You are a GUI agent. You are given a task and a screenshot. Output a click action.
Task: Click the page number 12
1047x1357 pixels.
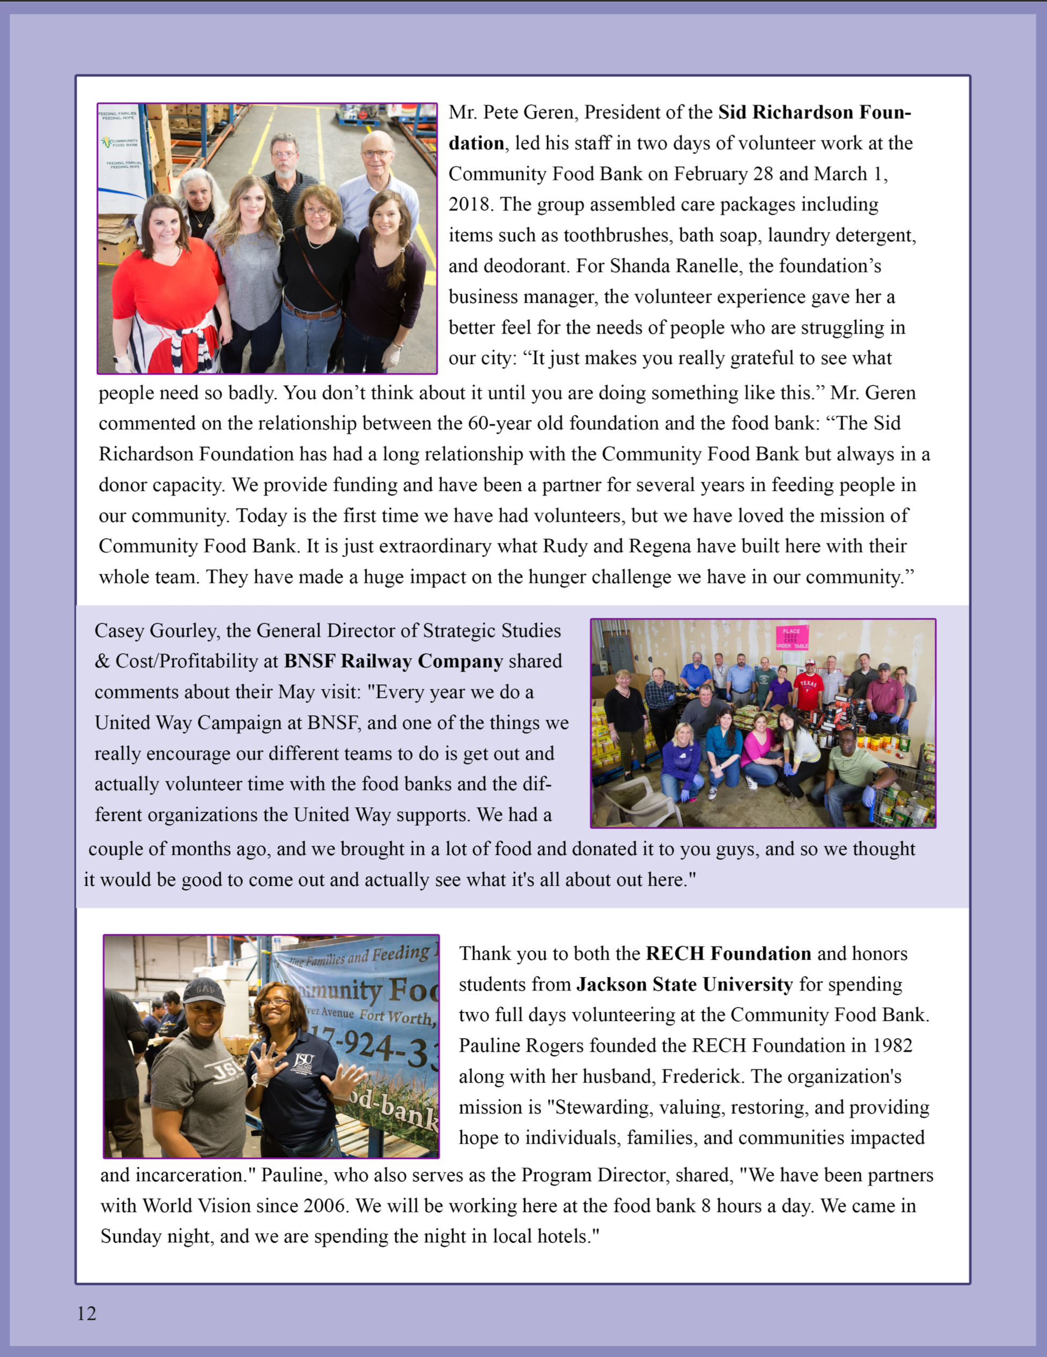pyautogui.click(x=86, y=1313)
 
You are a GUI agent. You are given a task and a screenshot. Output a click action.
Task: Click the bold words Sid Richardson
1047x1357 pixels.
pyautogui.click(x=786, y=113)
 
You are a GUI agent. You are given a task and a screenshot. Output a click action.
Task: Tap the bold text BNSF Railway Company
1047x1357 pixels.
pyautogui.click(x=393, y=661)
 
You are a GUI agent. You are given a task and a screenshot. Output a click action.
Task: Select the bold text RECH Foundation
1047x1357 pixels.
pyautogui.click(x=728, y=954)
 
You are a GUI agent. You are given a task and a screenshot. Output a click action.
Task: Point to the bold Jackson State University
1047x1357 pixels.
pyautogui.click(x=684, y=985)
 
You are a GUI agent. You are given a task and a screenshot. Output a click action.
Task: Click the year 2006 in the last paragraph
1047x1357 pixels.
pyautogui.click(x=324, y=1206)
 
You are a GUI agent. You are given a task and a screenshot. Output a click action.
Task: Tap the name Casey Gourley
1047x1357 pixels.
pyautogui.click(x=156, y=631)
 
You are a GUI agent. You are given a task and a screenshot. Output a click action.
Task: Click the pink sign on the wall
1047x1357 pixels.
pyautogui.click(x=792, y=637)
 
